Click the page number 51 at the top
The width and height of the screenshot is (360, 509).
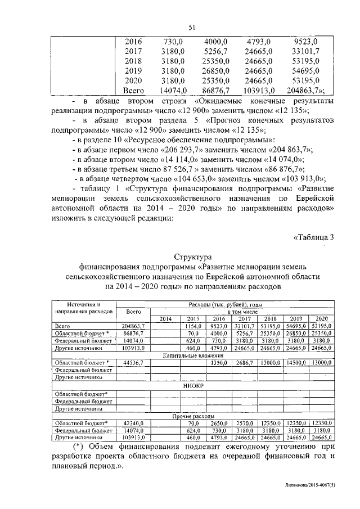coord(191,26)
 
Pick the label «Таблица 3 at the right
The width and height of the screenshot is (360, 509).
coord(315,237)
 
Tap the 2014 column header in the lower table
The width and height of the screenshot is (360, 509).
coord(165,318)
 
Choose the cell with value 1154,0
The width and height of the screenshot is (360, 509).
coord(193,326)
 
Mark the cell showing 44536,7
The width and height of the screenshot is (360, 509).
coord(134,363)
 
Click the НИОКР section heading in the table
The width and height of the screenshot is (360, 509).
coord(192,386)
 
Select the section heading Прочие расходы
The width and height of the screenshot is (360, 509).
coord(191,416)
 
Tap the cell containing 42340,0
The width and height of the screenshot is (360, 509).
coord(134,422)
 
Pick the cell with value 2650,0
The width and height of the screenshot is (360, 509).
coord(217,422)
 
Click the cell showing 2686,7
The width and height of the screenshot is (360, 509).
coord(243,363)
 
